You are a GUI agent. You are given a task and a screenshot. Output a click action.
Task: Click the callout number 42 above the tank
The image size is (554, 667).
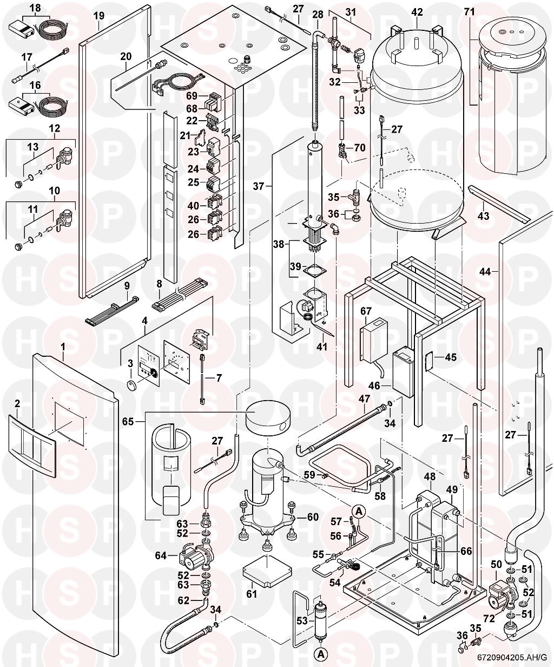pyautogui.click(x=417, y=11)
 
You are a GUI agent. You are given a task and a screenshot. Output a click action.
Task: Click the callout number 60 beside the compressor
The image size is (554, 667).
pyautogui.click(x=313, y=517)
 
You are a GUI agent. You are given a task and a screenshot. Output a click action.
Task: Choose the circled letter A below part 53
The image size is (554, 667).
pyautogui.click(x=321, y=654)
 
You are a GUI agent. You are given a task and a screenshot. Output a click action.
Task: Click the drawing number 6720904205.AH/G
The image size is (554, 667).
pyautogui.click(x=512, y=657)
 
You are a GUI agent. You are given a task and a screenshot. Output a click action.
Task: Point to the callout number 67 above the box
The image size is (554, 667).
pyautogui.click(x=366, y=311)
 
